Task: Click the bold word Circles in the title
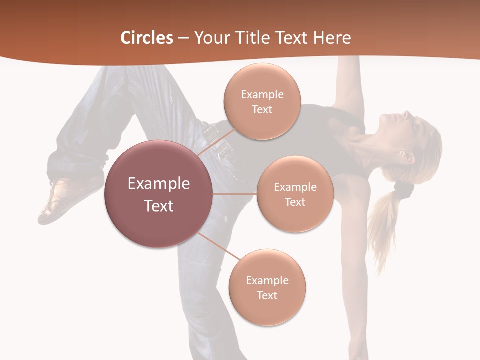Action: (x=147, y=38)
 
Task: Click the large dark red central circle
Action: (x=159, y=194)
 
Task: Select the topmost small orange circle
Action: (x=262, y=101)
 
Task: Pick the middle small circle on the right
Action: (x=295, y=194)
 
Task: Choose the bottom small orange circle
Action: (x=267, y=287)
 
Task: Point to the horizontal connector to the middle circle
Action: (x=235, y=194)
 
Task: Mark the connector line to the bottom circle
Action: (x=218, y=246)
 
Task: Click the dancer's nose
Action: (x=406, y=114)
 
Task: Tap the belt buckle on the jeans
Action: (x=212, y=133)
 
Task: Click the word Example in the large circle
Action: (x=159, y=184)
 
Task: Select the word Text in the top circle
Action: (x=262, y=109)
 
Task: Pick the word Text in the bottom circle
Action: (x=267, y=295)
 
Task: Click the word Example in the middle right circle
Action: (x=295, y=187)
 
